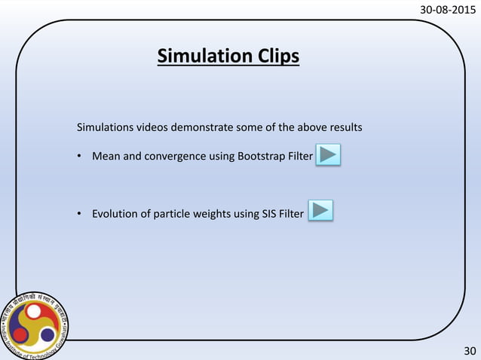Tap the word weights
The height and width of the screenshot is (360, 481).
tap(212, 214)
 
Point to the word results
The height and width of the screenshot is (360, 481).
tap(345, 127)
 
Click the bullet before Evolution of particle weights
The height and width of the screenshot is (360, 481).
tap(79, 214)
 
